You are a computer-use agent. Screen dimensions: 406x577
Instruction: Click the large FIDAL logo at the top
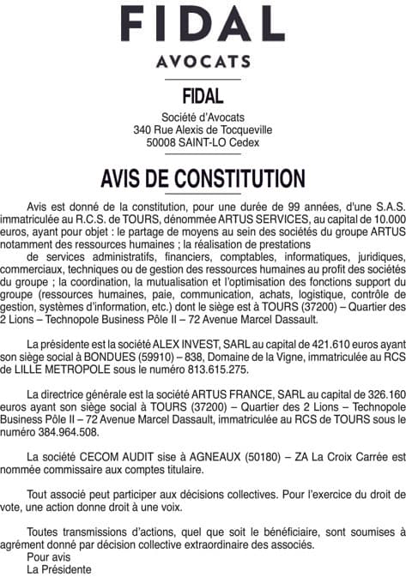pos(203,26)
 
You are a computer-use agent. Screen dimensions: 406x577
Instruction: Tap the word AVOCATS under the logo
pos(203,63)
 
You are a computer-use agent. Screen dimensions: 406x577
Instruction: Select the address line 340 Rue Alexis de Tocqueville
pos(203,129)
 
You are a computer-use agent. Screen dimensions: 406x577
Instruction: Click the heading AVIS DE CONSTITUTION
pos(203,178)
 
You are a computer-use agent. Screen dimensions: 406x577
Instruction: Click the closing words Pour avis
pos(50,556)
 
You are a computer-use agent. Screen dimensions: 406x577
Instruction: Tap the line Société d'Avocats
pos(203,117)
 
